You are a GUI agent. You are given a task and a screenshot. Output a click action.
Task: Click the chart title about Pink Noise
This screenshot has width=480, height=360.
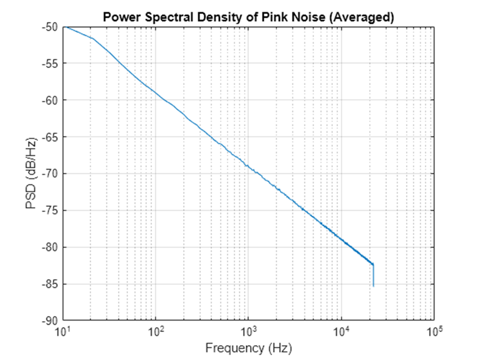pos(249,17)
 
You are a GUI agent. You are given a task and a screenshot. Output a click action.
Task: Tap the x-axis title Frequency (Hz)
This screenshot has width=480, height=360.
pos(249,347)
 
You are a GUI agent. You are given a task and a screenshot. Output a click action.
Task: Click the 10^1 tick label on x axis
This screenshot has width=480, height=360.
pos(64,331)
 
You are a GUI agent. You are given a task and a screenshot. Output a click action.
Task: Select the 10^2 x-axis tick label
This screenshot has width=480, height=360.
pos(156,331)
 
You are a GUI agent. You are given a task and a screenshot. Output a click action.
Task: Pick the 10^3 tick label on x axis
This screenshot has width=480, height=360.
pos(249,331)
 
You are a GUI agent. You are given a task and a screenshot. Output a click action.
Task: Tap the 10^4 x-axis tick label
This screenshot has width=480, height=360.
pos(342,331)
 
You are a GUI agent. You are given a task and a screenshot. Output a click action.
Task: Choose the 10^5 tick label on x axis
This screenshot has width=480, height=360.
pos(434,331)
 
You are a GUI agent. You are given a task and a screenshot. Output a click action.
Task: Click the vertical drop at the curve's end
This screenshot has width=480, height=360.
pos(374,275)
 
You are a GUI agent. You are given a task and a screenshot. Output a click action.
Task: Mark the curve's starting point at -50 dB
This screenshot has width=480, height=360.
pos(65,27)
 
